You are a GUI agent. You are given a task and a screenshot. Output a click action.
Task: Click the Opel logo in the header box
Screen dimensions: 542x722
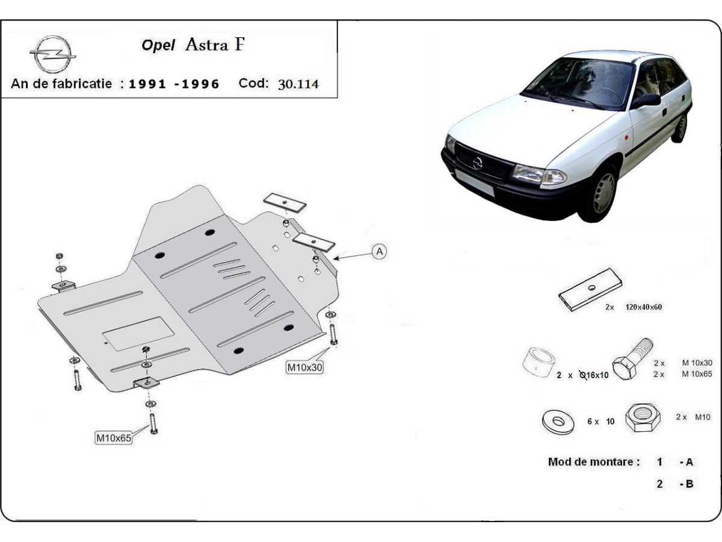coord(53,54)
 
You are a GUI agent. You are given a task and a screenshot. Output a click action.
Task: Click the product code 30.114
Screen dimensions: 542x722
coord(298,84)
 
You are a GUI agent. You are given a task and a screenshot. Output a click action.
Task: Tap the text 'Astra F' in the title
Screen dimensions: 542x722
coord(215,45)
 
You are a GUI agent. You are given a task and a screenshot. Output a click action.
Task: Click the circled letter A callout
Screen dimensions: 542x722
coord(379,252)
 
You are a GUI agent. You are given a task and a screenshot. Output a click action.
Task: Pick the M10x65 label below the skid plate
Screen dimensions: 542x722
coord(114,438)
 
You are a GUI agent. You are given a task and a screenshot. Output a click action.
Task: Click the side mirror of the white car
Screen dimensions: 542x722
coord(646,100)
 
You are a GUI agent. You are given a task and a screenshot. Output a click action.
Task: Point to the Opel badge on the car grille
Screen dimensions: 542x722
coord(477,163)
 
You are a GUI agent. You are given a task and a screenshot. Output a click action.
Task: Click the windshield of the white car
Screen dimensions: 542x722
coord(579,83)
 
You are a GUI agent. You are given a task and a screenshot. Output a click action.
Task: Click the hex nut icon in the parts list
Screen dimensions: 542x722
coord(643,417)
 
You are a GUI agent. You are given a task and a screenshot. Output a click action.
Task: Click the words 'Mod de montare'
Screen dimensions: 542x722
coord(594,462)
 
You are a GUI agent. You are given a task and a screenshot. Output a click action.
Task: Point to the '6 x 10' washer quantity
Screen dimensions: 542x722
coord(600,422)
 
